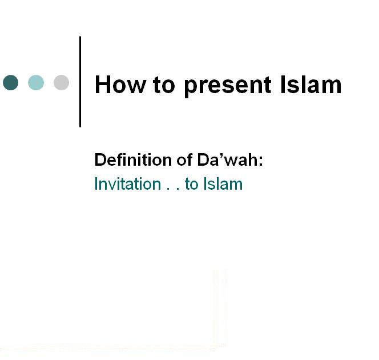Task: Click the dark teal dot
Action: point(11,82)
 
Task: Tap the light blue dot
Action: point(36,82)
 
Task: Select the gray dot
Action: point(62,82)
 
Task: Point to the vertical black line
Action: point(80,82)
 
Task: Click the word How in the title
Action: point(120,85)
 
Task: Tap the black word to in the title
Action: point(164,85)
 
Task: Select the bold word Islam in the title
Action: point(311,85)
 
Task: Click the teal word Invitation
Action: point(128,184)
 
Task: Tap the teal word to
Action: point(191,185)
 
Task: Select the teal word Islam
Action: point(223,184)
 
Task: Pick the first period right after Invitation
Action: point(168,189)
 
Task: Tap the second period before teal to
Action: point(178,189)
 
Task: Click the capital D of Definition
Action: point(100,159)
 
